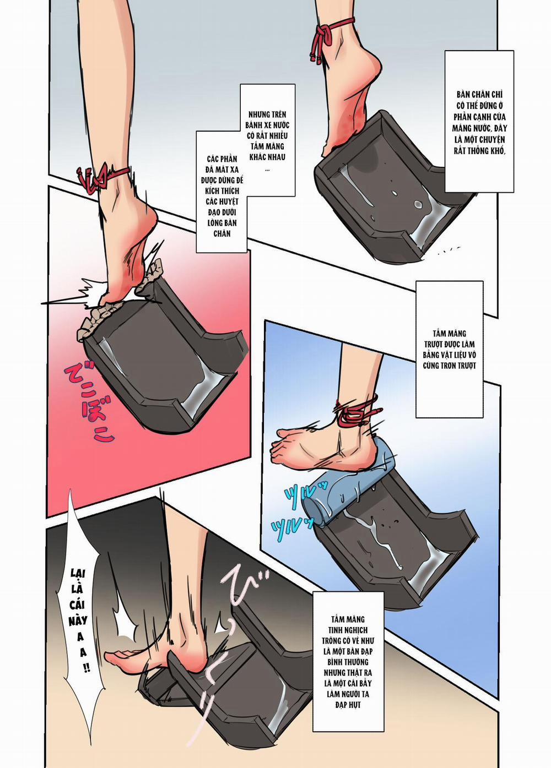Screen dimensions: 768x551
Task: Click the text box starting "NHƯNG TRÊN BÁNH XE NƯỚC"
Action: click(x=267, y=140)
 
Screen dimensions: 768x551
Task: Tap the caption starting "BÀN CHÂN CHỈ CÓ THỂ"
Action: click(x=479, y=122)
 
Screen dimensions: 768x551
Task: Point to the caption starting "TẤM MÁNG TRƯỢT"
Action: click(x=449, y=349)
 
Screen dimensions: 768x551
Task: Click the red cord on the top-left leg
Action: click(x=105, y=178)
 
